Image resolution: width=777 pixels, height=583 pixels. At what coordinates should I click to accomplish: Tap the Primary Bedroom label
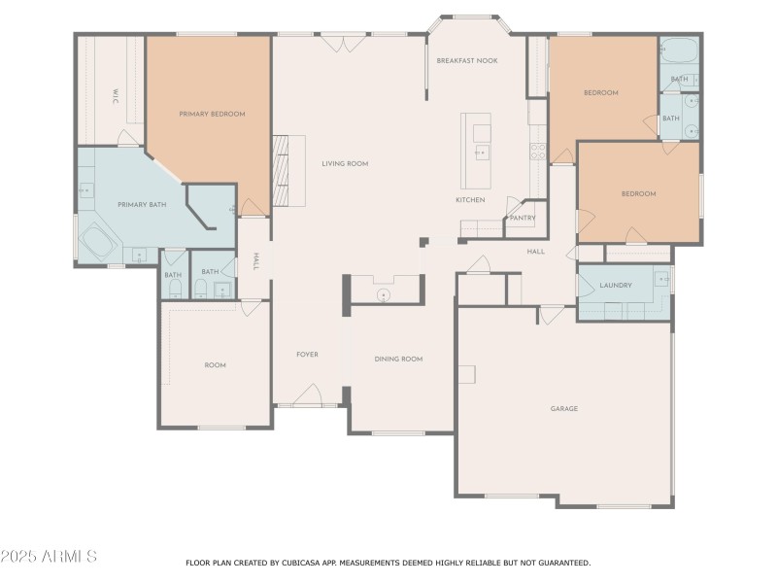[212, 114]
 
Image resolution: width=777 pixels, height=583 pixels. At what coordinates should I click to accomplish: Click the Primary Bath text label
[143, 204]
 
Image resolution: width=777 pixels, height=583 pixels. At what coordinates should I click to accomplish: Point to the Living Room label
[345, 163]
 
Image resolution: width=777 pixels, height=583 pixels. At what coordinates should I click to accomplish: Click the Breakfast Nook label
[466, 60]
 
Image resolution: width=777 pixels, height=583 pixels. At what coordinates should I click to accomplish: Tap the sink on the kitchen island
[481, 153]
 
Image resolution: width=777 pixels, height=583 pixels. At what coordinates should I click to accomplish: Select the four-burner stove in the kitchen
[537, 152]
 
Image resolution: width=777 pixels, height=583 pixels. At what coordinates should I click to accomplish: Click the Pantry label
[523, 218]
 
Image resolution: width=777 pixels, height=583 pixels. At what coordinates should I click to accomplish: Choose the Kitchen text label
[470, 200]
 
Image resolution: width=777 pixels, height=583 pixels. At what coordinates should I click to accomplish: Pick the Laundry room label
[616, 286]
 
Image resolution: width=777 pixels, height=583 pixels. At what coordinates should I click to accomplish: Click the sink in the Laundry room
[662, 279]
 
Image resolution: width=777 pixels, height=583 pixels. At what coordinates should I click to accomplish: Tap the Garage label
[564, 408]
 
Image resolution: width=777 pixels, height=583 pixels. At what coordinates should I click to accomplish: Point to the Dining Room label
[398, 359]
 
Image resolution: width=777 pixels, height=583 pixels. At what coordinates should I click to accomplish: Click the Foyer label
[307, 355]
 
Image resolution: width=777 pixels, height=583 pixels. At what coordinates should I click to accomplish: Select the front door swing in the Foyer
[308, 394]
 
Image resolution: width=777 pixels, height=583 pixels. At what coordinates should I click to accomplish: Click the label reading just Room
[215, 365]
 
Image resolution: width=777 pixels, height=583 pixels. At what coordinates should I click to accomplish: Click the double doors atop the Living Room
[344, 43]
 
